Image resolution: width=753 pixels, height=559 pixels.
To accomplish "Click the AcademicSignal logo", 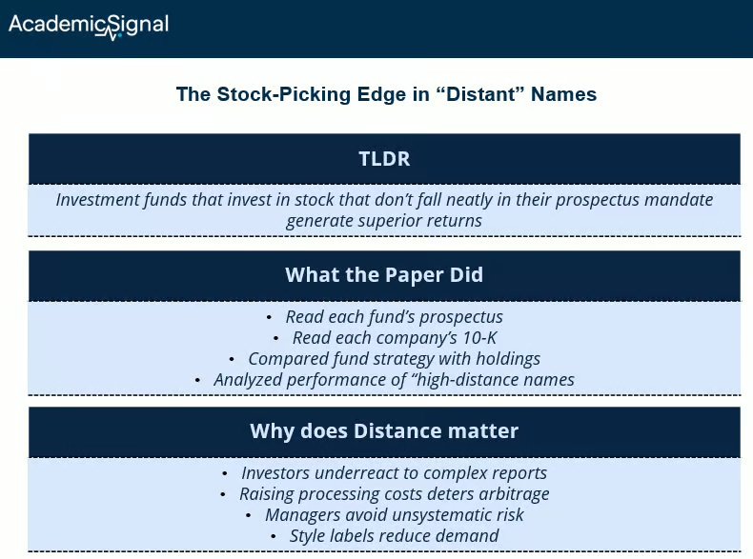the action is [x=88, y=26].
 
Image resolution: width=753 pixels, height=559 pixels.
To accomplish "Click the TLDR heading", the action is [x=384, y=159].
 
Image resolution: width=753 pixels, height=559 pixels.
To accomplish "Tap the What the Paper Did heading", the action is [x=384, y=275].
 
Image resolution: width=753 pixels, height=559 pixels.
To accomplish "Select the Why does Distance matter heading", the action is [x=384, y=431].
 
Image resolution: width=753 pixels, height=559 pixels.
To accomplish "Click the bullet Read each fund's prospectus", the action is [x=394, y=316].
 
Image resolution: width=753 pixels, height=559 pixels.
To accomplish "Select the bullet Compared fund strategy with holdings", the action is [x=394, y=358].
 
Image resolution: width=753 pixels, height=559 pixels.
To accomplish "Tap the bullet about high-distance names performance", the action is [x=394, y=379].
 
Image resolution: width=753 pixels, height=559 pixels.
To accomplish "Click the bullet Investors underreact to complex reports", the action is [x=394, y=472].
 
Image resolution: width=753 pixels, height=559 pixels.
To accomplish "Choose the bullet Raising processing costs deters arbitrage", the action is [x=394, y=493].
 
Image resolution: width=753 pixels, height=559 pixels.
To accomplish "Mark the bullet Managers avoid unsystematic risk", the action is [x=394, y=514].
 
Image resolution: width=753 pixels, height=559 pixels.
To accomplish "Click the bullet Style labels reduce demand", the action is [x=394, y=535].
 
